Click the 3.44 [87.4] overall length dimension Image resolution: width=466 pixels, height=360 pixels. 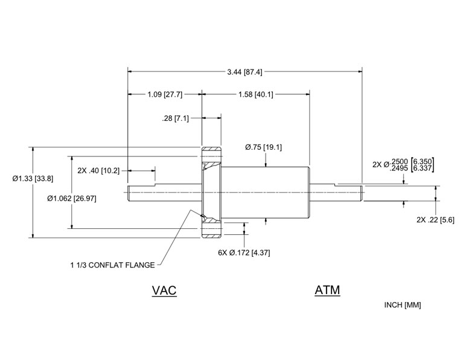tap(244, 72)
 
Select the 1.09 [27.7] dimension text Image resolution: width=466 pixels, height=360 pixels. tap(164, 95)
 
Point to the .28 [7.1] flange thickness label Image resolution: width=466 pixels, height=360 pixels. tap(176, 118)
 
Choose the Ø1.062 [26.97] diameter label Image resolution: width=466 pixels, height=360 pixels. tap(71, 198)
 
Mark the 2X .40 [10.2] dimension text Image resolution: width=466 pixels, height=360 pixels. tap(98, 170)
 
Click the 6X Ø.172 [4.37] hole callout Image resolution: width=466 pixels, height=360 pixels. tap(244, 252)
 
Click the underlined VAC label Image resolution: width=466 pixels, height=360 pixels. tap(164, 291)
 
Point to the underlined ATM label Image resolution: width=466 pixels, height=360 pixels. tap(327, 291)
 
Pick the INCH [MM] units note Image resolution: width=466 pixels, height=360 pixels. tap(403, 305)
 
